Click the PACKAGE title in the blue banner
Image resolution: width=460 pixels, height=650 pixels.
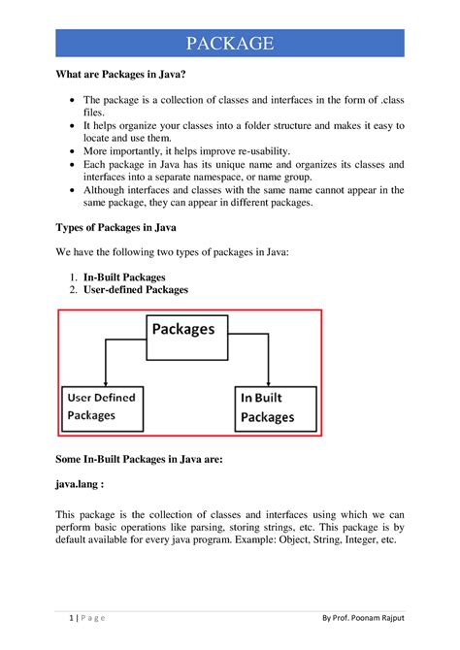point(229,44)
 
